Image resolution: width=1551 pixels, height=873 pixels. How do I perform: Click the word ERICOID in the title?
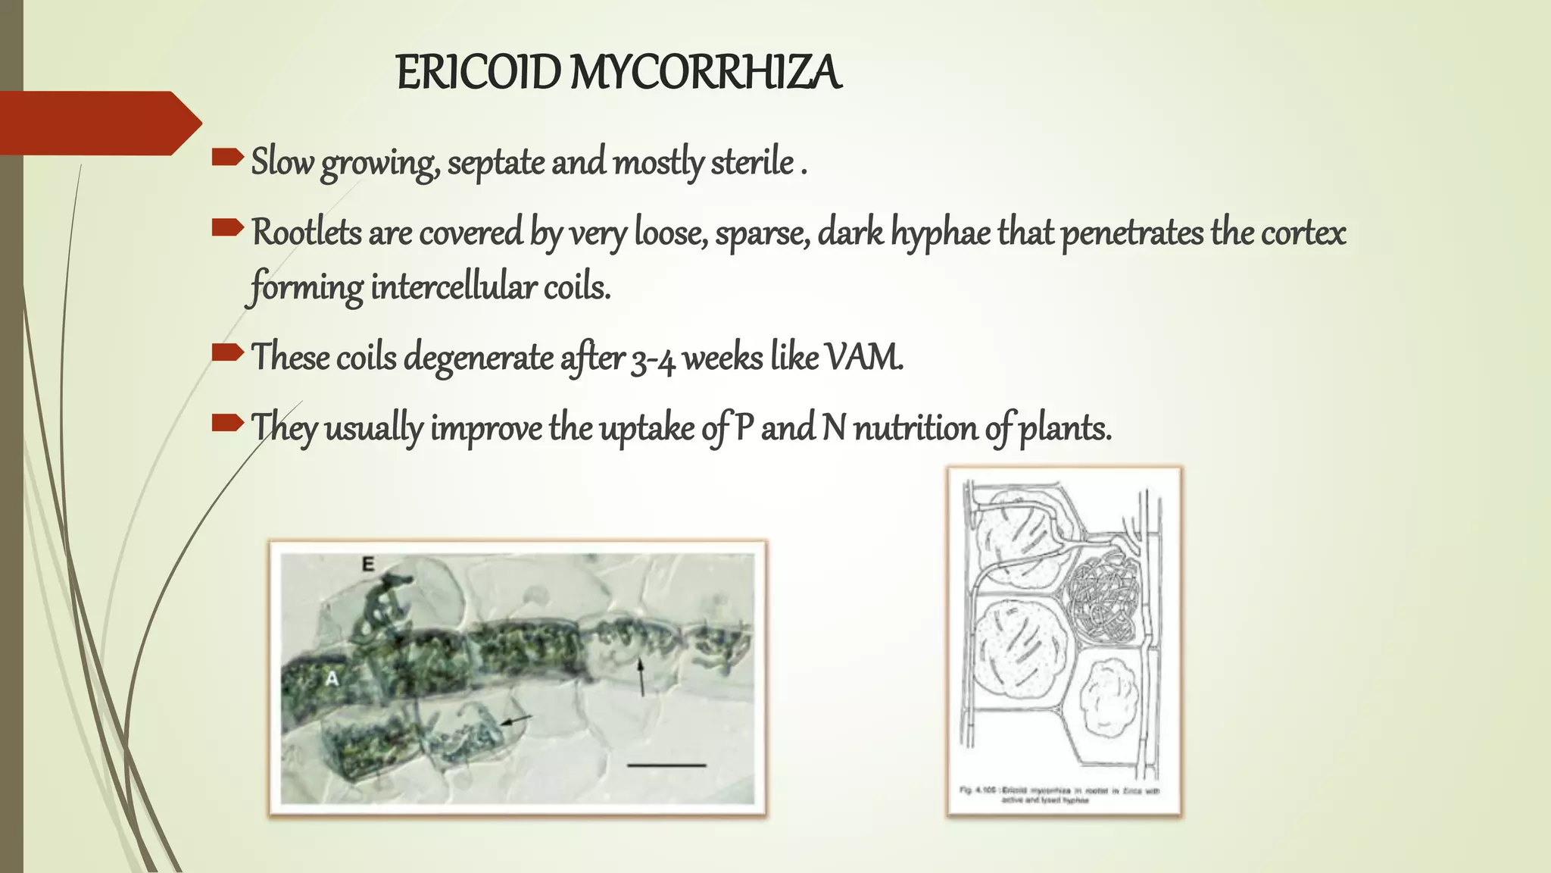click(478, 74)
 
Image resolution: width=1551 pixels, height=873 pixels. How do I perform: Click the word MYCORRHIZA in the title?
click(705, 74)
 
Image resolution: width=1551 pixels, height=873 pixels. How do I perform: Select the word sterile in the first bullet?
click(752, 162)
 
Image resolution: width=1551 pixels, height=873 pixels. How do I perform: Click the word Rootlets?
click(306, 232)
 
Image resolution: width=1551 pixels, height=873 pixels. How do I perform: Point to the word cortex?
click(1303, 232)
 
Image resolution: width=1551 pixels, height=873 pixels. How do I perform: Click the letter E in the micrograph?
click(368, 564)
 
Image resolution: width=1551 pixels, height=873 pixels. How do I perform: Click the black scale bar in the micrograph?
click(666, 765)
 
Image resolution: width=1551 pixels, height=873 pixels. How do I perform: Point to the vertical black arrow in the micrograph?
click(641, 676)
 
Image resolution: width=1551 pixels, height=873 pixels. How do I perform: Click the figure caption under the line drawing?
click(1059, 794)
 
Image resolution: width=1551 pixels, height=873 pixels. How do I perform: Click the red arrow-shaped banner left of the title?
click(95, 123)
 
